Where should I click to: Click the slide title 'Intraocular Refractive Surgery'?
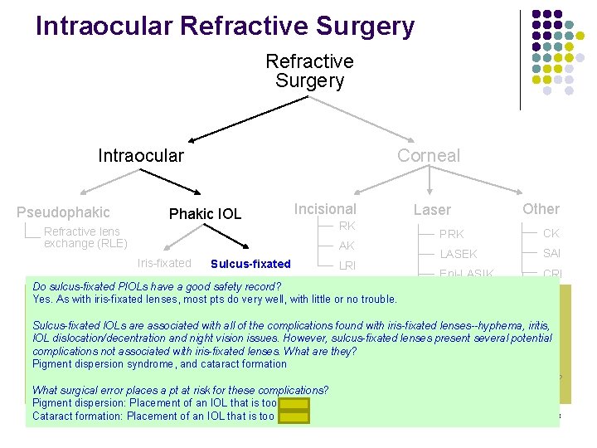point(225,27)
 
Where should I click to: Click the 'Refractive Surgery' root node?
point(309,71)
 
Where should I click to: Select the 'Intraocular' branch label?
point(141,155)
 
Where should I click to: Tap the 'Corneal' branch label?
point(428,155)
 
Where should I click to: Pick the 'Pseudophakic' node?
point(63,212)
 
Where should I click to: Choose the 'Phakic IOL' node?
point(205,214)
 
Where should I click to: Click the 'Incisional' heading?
point(325,209)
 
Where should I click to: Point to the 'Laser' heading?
point(432,210)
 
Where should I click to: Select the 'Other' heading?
point(541,209)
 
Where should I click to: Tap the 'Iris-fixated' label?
point(163,264)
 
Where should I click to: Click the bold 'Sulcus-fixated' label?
point(250,264)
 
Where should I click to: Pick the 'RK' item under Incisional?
point(347,226)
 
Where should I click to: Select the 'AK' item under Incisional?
point(347,246)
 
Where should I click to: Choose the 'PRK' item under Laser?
point(451,234)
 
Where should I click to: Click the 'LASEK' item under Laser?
point(458,254)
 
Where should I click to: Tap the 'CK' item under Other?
point(551,233)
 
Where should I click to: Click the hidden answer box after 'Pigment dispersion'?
point(294,403)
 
